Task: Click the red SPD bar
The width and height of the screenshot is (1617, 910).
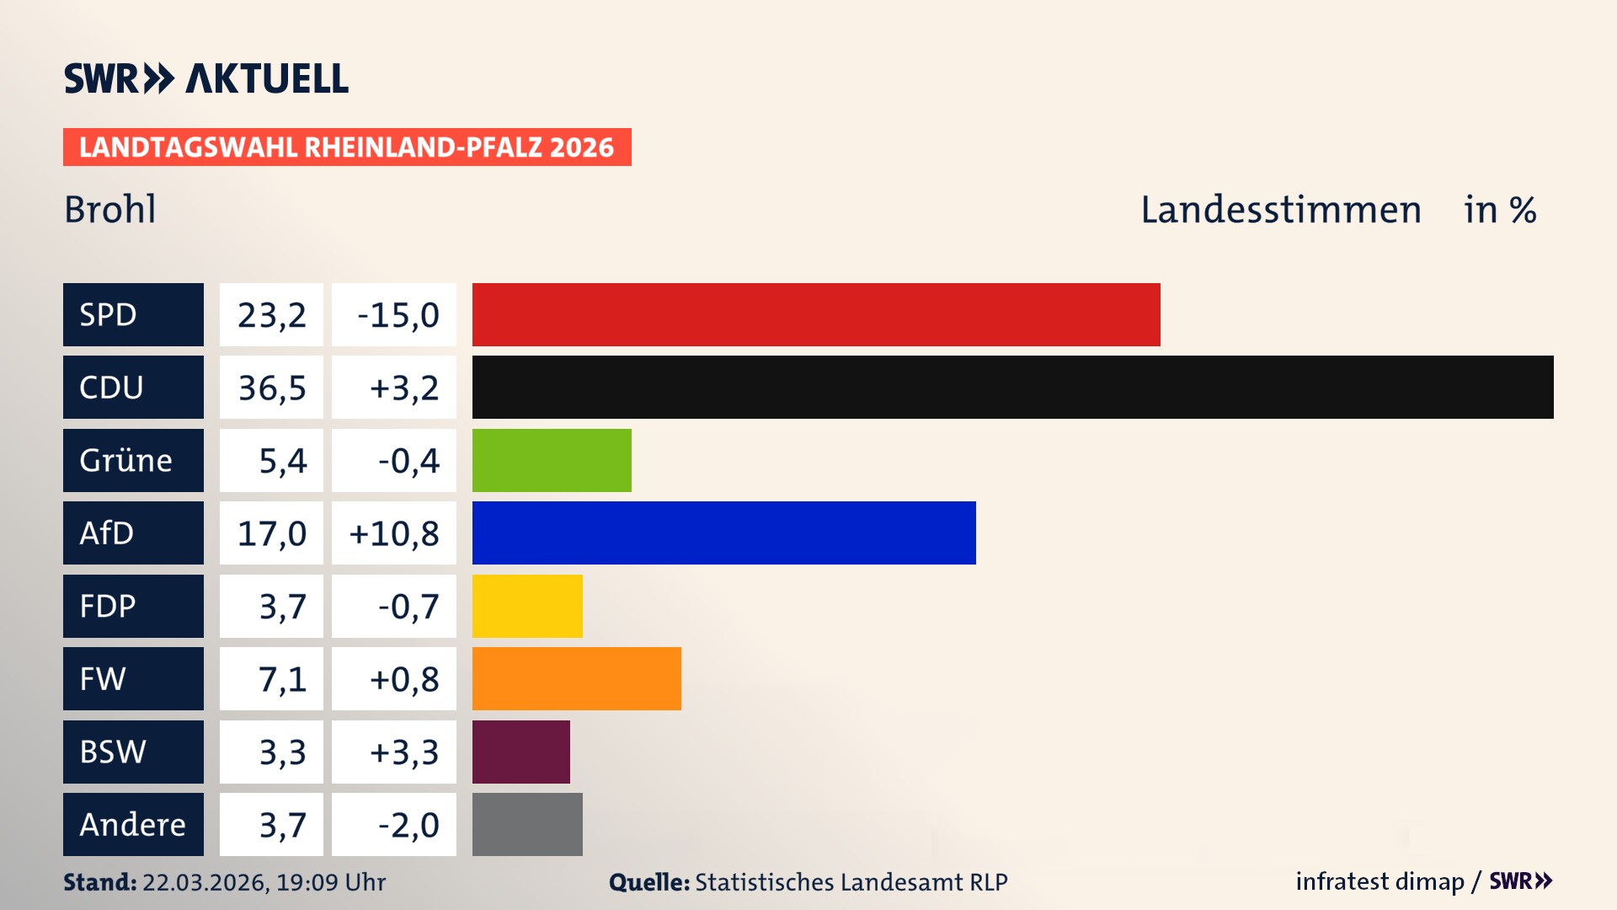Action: pos(815,314)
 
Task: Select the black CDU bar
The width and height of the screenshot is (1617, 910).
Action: pos(1012,387)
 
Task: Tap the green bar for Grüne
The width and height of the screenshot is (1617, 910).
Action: pos(552,460)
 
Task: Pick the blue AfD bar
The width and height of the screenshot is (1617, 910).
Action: pos(723,533)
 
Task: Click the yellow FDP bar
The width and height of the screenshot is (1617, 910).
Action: pos(527,606)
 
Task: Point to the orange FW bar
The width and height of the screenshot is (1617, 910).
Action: pos(576,678)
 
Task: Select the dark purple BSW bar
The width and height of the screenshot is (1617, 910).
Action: pos(520,752)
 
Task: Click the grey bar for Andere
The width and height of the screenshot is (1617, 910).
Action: pos(527,824)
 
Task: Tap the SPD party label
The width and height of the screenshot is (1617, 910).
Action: pos(133,314)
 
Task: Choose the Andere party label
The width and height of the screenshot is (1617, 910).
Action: pos(133,824)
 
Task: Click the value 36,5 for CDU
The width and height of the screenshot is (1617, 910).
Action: pos(271,388)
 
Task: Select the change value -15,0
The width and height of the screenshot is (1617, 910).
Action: pos(394,314)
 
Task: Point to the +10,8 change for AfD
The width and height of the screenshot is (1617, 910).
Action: pos(394,533)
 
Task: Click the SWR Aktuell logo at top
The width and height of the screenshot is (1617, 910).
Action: pos(205,78)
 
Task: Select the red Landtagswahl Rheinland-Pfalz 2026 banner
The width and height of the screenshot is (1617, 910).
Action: pos(346,147)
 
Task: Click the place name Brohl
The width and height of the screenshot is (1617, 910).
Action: pos(110,209)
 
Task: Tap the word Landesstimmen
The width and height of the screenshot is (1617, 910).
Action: pos(1280,209)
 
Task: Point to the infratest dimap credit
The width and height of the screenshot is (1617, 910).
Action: pos(1379,881)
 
